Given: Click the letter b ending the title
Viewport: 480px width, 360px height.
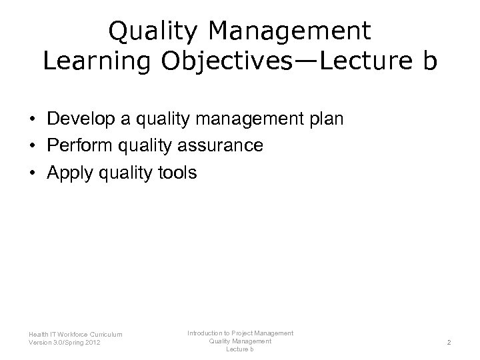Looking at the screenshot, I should point(427,61).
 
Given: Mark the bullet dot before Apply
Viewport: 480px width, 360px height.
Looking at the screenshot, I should point(32,173).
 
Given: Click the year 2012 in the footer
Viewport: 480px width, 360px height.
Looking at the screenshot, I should point(93,343).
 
